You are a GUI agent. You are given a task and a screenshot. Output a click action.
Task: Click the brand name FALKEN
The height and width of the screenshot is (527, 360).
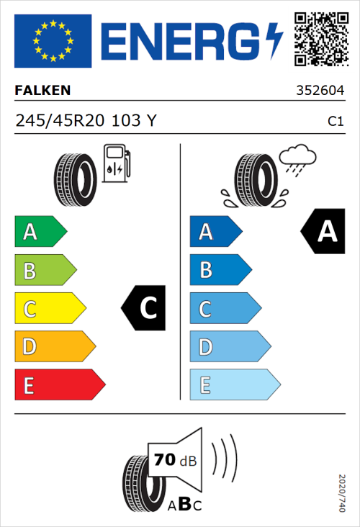(43, 91)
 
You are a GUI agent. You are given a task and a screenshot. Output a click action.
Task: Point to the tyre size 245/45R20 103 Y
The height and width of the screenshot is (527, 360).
(85, 121)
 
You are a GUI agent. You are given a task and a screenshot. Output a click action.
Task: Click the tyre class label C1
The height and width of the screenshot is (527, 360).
(335, 122)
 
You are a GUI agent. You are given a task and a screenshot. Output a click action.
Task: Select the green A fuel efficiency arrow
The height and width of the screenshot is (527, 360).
(40, 232)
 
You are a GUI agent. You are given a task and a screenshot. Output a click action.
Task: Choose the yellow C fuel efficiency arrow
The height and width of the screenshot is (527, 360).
(49, 309)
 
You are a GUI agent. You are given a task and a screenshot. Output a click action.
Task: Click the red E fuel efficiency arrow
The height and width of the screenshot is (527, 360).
(59, 385)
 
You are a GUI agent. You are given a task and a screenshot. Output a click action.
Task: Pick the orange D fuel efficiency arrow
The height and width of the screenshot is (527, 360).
(54, 347)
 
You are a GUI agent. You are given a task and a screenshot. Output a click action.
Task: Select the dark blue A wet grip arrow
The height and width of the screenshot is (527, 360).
(215, 232)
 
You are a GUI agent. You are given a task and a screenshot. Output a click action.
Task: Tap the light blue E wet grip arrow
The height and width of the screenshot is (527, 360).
(234, 385)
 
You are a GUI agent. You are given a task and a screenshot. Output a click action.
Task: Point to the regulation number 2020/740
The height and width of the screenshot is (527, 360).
(342, 492)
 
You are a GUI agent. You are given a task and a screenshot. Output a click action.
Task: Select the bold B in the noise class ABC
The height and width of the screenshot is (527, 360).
(184, 504)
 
